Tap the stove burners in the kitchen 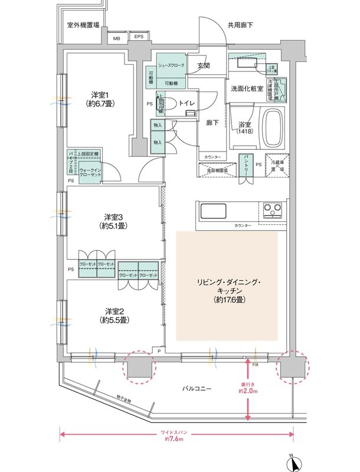273,209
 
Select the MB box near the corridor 117,38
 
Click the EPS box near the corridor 139,38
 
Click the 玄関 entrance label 204,65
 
